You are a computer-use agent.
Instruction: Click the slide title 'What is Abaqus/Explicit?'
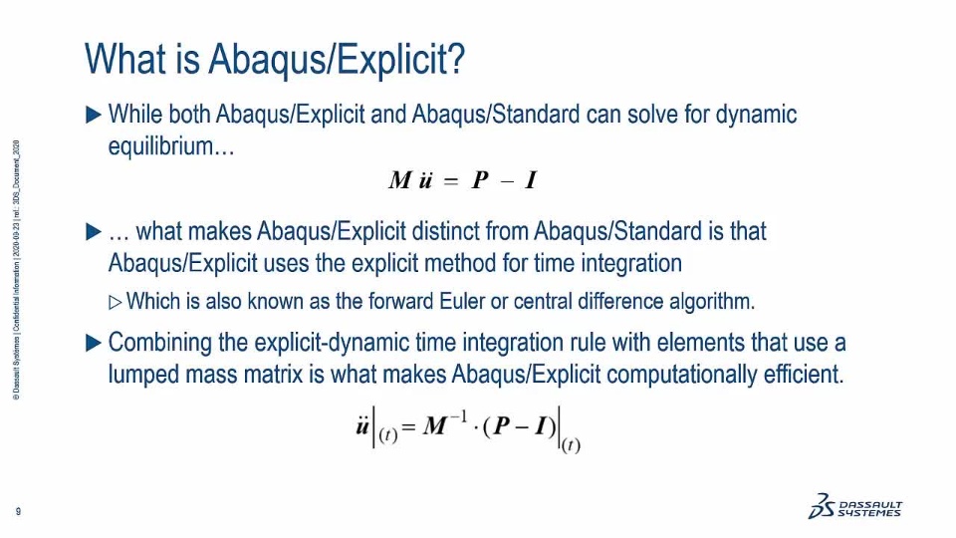[275, 59]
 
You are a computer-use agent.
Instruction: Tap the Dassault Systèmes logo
[855, 506]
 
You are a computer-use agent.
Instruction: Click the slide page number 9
[18, 511]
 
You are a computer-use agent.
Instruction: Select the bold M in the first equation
[400, 180]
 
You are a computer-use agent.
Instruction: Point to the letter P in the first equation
[480, 180]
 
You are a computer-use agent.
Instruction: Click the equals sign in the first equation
[450, 181]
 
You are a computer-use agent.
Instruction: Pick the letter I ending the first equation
[531, 180]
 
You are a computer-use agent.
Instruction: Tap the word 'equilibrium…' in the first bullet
[171, 146]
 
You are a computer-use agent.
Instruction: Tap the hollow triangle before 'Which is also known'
[116, 302]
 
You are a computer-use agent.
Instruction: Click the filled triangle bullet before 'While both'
[94, 115]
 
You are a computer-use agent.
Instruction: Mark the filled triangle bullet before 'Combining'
[94, 343]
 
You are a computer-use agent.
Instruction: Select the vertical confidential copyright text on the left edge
[17, 270]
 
